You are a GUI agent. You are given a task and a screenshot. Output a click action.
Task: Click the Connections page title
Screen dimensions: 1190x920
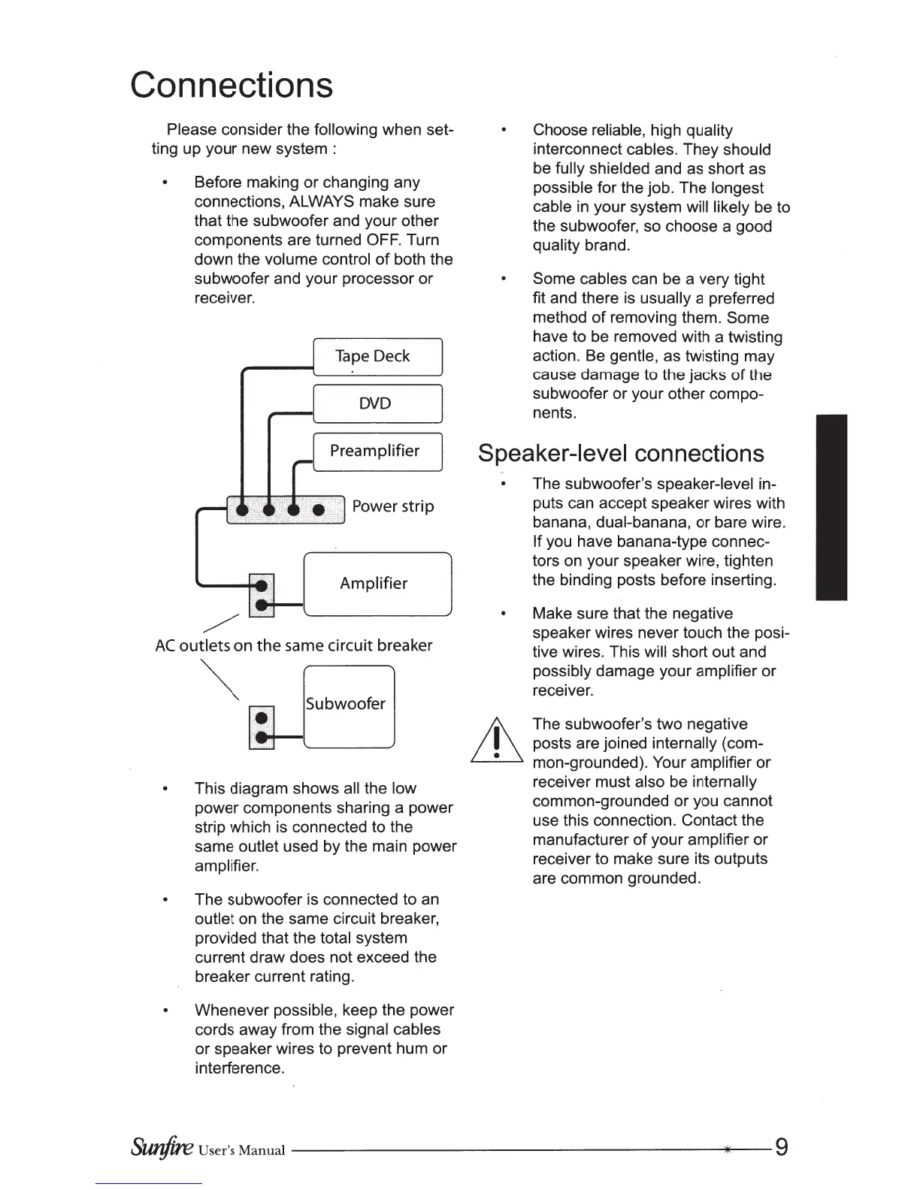(x=231, y=85)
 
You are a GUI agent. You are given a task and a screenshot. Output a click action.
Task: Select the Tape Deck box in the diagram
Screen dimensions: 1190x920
(x=377, y=356)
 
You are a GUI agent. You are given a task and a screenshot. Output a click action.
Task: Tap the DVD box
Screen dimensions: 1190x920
(x=377, y=403)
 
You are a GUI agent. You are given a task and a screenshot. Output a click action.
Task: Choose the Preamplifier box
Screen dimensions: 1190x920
(x=377, y=451)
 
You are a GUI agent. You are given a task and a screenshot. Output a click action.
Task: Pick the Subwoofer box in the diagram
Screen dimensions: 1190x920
(x=347, y=705)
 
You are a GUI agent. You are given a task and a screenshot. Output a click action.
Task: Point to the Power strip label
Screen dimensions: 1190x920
(x=393, y=506)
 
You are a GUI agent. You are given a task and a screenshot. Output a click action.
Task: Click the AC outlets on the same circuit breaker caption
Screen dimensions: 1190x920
(x=293, y=646)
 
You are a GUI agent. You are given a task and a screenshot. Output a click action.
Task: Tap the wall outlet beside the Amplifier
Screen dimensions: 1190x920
(x=261, y=595)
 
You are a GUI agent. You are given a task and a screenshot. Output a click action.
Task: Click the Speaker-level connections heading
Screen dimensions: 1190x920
(x=621, y=454)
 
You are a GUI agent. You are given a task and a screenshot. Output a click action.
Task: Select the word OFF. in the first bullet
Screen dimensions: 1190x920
(x=383, y=240)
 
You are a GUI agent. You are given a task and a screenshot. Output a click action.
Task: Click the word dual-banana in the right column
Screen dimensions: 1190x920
(x=643, y=523)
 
